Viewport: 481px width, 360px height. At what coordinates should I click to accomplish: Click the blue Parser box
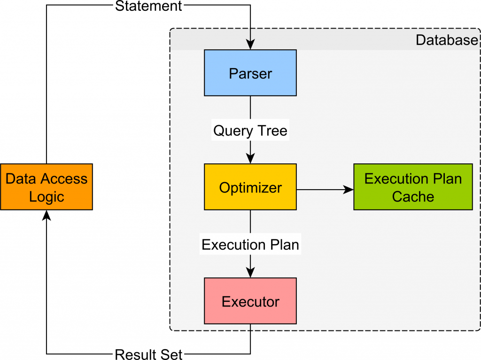pyautogui.click(x=250, y=73)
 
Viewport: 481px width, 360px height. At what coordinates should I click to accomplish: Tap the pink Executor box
pyautogui.click(x=250, y=301)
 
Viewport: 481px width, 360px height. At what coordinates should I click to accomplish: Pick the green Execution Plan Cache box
pyautogui.click(x=413, y=187)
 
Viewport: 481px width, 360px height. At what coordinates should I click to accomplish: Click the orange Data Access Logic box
pyautogui.click(x=47, y=187)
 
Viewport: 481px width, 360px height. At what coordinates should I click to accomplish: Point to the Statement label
pyautogui.click(x=148, y=6)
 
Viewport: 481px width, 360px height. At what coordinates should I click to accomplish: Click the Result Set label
pyautogui.click(x=148, y=354)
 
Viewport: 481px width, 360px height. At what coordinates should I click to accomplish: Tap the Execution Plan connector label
pyautogui.click(x=250, y=244)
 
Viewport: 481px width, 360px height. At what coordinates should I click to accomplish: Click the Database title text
pyautogui.click(x=446, y=40)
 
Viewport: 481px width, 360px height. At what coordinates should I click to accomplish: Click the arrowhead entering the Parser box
pyautogui.click(x=250, y=46)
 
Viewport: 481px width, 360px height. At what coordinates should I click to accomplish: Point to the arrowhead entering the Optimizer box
pyautogui.click(x=250, y=159)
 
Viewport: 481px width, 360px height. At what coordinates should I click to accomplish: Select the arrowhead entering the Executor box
pyautogui.click(x=250, y=273)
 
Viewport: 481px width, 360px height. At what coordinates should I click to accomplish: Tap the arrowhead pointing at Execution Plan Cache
pyautogui.click(x=349, y=190)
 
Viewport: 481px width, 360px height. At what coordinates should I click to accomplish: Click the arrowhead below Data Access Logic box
pyautogui.click(x=47, y=215)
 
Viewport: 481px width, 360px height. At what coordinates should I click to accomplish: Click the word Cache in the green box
pyautogui.click(x=413, y=196)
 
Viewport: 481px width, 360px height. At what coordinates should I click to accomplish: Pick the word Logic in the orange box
pyautogui.click(x=47, y=196)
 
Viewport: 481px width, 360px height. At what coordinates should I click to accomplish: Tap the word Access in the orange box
pyautogui.click(x=64, y=178)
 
